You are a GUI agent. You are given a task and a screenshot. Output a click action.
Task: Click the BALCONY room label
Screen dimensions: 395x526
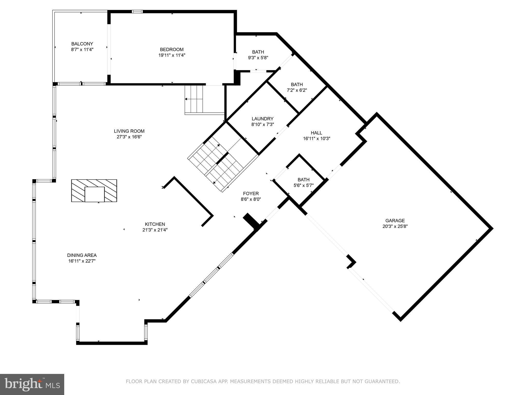point(82,44)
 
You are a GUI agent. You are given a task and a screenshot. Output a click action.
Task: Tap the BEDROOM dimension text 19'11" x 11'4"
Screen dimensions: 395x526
point(172,55)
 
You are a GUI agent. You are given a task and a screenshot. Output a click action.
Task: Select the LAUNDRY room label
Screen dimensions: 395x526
point(262,119)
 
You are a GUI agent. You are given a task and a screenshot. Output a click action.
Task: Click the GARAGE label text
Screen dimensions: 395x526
point(395,221)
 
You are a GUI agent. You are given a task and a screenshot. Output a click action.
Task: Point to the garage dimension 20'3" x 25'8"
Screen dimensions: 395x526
point(395,227)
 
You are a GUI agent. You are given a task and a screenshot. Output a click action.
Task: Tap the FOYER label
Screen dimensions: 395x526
point(251,193)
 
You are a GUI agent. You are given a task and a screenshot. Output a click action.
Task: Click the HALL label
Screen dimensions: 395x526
point(316,133)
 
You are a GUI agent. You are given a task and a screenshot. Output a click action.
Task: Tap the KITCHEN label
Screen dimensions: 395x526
point(155,224)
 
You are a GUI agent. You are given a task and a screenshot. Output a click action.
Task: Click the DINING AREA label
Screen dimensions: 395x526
point(82,255)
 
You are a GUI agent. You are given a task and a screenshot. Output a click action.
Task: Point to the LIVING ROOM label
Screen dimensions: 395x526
point(129,131)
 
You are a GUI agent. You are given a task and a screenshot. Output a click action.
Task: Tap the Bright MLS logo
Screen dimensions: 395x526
point(32,384)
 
